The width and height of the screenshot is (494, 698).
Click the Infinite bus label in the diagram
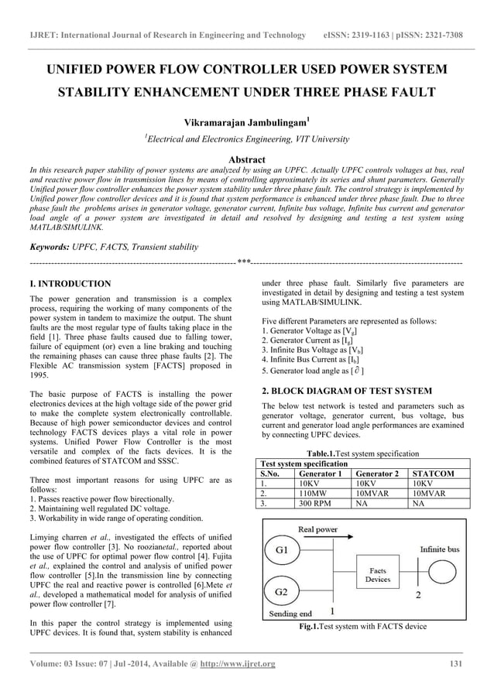pos(442,548)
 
